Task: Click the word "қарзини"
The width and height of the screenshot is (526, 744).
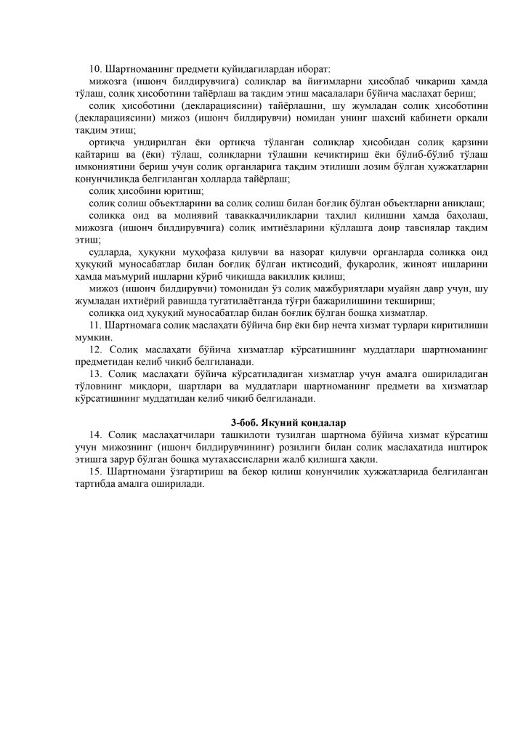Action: [x=469, y=142]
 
